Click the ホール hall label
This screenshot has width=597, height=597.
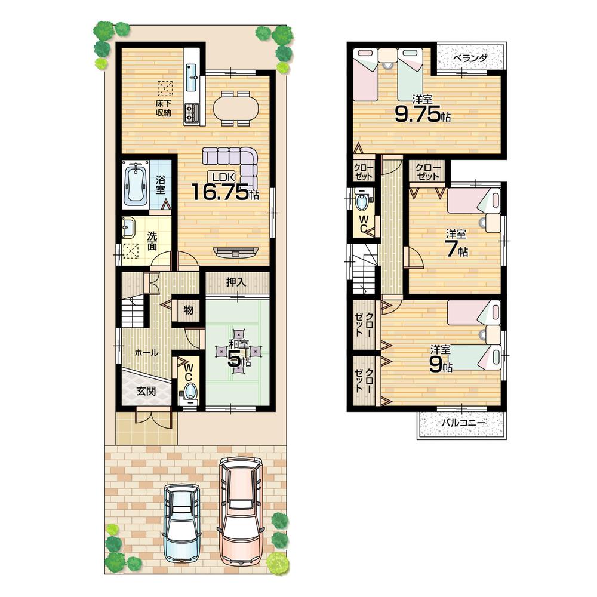click(146, 353)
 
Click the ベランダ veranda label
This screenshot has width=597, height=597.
click(470, 58)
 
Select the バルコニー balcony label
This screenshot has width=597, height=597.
click(463, 423)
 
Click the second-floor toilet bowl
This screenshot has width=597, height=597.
click(362, 202)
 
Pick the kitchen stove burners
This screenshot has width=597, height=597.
click(193, 113)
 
